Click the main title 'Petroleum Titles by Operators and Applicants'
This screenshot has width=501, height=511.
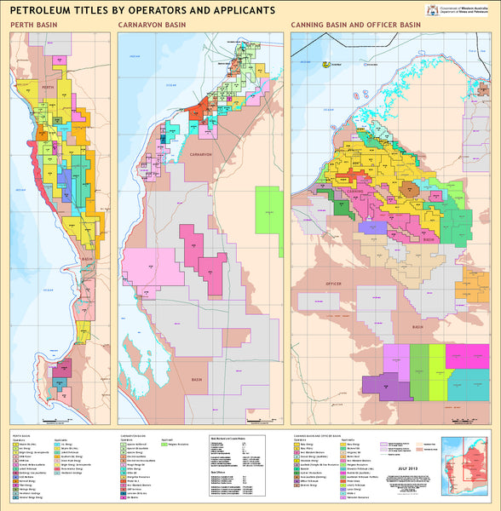coord(142,11)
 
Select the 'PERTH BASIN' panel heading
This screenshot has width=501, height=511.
coord(33,26)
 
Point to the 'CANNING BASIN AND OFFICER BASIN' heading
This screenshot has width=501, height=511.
coord(355,26)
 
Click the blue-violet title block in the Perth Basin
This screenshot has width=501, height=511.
coord(62,370)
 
